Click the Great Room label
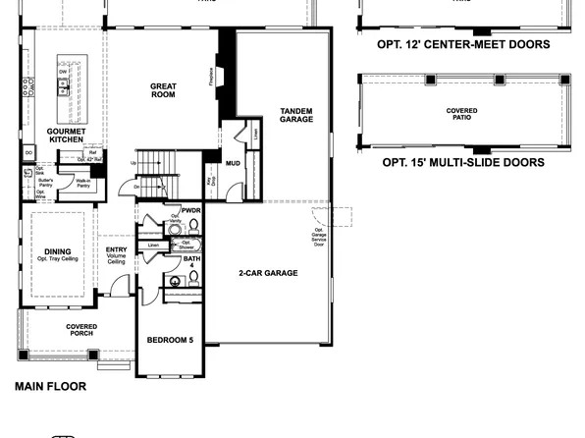(x=163, y=91)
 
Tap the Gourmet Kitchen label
(x=67, y=136)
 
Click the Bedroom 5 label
(x=171, y=340)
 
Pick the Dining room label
(x=57, y=255)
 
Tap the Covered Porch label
(x=80, y=330)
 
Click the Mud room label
(x=233, y=163)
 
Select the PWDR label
(x=190, y=209)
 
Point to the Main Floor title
(x=50, y=386)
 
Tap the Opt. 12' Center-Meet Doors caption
(x=463, y=44)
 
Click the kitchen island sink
(x=64, y=87)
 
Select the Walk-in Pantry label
(x=83, y=182)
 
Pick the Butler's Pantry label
(x=46, y=182)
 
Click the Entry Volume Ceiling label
(x=116, y=255)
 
